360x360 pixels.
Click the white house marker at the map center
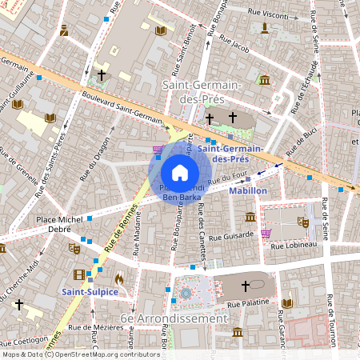tap(180, 173)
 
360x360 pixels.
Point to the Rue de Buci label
tap(300, 139)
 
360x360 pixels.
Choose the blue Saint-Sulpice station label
tap(90, 292)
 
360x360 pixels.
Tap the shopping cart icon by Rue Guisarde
tap(265, 234)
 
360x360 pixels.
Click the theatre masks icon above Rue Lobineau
tap(303, 222)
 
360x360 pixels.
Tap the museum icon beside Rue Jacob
tap(264, 79)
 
